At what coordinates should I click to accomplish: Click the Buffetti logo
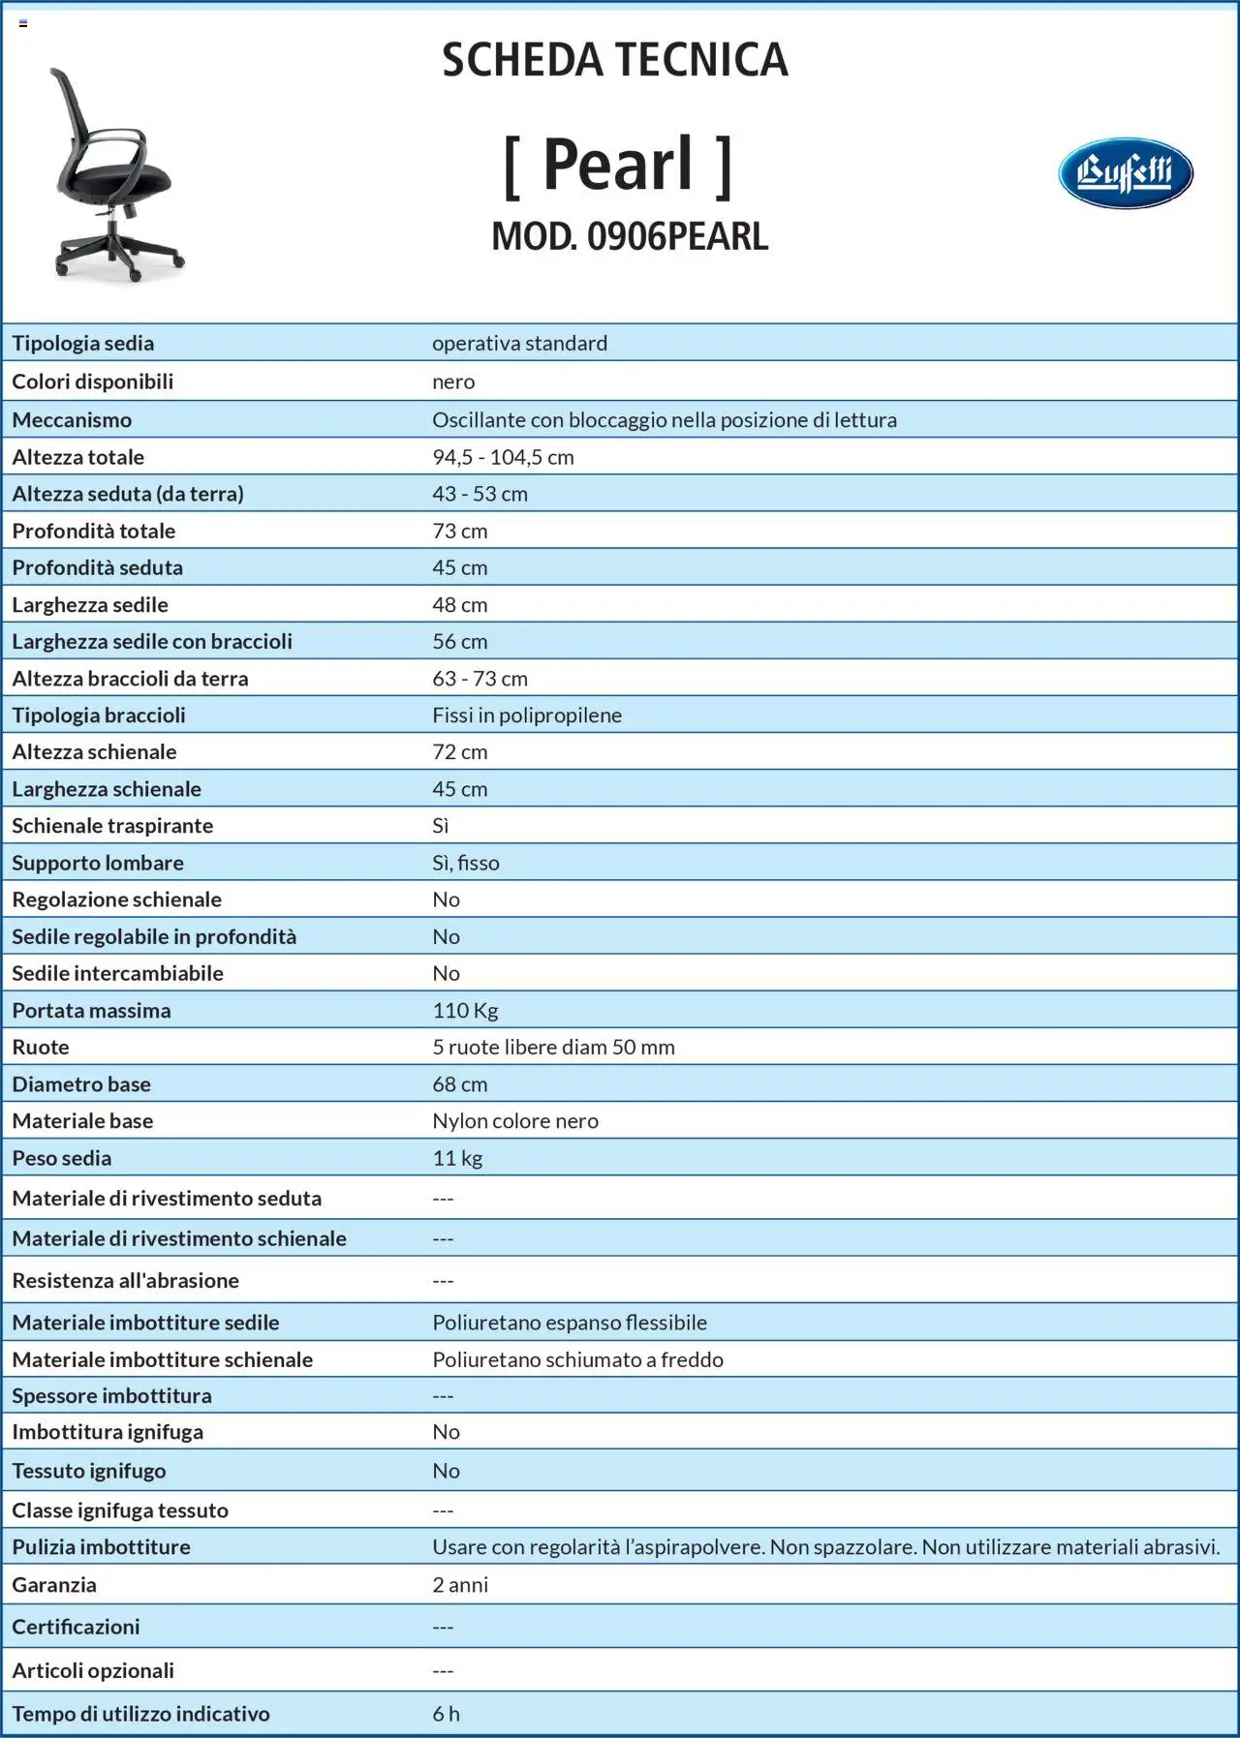[x=1125, y=173]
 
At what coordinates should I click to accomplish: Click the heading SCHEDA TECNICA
[x=615, y=60]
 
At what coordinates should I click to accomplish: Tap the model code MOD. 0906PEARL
[x=630, y=237]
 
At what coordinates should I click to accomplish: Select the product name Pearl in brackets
[x=617, y=165]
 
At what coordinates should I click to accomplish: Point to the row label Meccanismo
[x=72, y=420]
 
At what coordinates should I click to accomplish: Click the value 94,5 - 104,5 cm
[x=503, y=457]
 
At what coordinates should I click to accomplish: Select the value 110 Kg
[x=465, y=1011]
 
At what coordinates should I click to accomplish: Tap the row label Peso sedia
[x=62, y=1158]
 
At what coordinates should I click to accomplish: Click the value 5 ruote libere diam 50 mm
[x=553, y=1048]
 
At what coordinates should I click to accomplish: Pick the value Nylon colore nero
[x=515, y=1121]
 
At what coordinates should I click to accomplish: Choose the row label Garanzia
[x=54, y=1585]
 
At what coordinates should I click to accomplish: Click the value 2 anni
[x=460, y=1585]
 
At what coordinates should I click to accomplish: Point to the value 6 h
[x=446, y=1714]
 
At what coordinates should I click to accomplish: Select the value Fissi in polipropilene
[x=527, y=716]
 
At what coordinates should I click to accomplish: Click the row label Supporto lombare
[x=98, y=863]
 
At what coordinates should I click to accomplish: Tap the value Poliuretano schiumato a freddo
[x=577, y=1359]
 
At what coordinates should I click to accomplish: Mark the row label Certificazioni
[x=76, y=1627]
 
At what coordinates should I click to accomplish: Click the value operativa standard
[x=519, y=344]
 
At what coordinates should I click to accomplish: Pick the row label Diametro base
[x=81, y=1084]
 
